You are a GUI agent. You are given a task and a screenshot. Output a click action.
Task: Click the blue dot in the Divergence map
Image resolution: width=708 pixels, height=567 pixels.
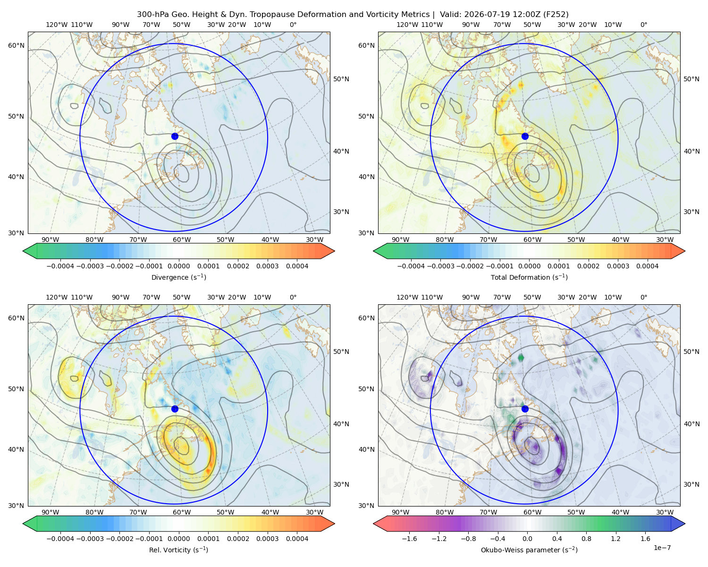pyautogui.click(x=175, y=137)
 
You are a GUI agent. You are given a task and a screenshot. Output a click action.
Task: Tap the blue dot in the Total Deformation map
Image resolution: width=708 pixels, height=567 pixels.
pyautogui.click(x=525, y=137)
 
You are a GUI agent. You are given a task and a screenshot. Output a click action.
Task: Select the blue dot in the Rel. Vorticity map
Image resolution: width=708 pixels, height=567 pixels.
pyautogui.click(x=175, y=409)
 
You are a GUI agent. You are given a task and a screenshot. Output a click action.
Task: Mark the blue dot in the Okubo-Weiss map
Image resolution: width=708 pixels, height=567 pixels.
pyautogui.click(x=525, y=409)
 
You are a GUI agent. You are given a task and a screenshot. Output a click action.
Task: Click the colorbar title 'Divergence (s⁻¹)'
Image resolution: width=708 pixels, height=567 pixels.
pyautogui.click(x=178, y=277)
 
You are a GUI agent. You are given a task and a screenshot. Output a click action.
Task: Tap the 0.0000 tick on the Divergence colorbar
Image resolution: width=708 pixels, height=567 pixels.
pyautogui.click(x=178, y=266)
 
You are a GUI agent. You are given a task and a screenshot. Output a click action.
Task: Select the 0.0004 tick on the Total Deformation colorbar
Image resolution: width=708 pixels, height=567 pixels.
pyautogui.click(x=647, y=266)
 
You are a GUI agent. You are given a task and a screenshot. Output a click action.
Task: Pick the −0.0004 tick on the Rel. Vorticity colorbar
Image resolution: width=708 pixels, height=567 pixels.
pyautogui.click(x=60, y=539)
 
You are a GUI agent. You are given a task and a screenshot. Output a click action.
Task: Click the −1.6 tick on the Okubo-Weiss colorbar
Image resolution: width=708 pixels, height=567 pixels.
pyautogui.click(x=409, y=539)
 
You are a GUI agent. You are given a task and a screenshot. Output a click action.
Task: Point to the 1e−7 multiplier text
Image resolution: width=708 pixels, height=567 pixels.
pyautogui.click(x=662, y=548)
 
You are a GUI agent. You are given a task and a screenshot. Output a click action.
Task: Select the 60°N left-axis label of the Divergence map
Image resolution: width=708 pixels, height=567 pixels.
pyautogui.click(x=16, y=45)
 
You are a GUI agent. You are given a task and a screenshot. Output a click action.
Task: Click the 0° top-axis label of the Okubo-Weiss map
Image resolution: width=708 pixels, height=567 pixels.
pyautogui.click(x=643, y=297)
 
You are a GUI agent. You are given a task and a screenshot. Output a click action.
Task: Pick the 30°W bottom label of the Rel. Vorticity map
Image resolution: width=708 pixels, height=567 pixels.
pyautogui.click(x=314, y=512)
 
